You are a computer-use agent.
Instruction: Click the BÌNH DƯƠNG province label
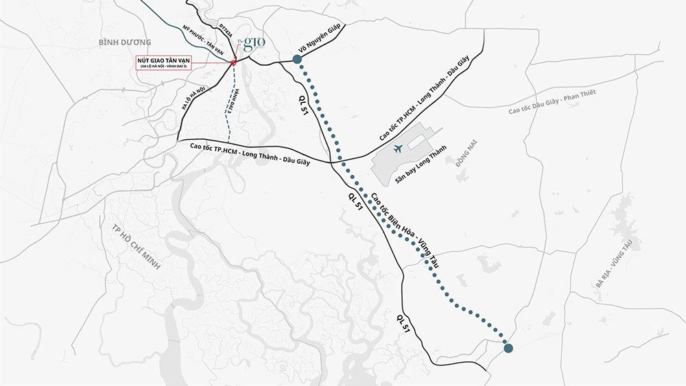pos(120,42)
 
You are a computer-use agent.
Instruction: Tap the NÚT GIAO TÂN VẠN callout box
pos(163,62)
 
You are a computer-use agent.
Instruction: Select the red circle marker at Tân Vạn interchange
pos(233,62)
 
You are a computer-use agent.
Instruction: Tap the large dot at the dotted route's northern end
pos(298,60)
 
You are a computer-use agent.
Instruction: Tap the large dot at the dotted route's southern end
pos(508,348)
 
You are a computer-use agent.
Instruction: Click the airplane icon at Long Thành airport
pos(398,149)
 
